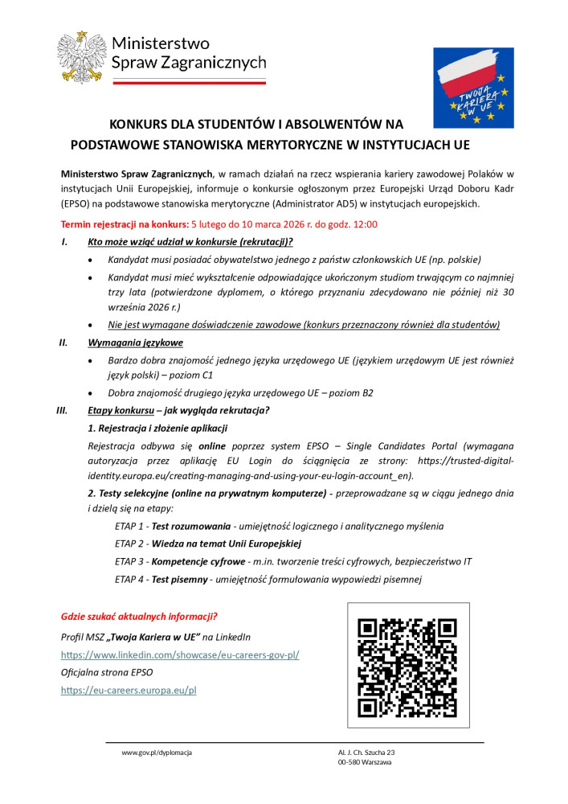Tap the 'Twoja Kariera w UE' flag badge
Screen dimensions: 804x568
pyautogui.click(x=473, y=88)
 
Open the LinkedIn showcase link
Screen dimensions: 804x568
pyautogui.click(x=180, y=655)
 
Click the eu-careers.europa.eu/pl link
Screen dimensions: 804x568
pyautogui.click(x=129, y=690)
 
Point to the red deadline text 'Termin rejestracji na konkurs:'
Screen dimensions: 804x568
pyautogui.click(x=125, y=224)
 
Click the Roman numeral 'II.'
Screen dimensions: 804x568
pyautogui.click(x=63, y=343)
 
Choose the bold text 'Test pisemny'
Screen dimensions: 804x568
pyautogui.click(x=181, y=579)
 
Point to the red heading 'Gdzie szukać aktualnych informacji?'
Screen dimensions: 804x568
pyautogui.click(x=139, y=617)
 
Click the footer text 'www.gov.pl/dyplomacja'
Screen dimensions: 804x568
pyautogui.click(x=157, y=753)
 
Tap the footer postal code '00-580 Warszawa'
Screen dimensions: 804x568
pyautogui.click(x=365, y=762)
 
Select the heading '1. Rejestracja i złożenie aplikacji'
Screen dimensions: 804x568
pyautogui.click(x=157, y=428)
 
